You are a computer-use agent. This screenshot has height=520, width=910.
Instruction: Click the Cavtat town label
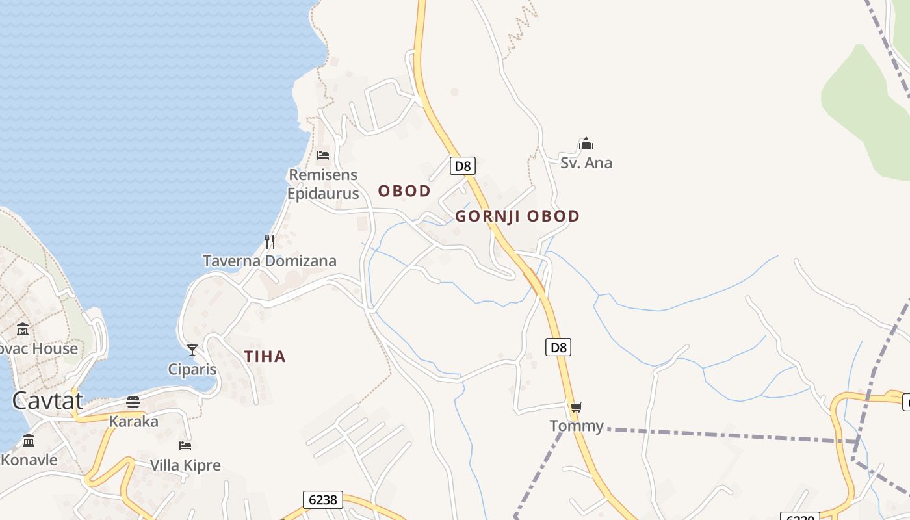47,400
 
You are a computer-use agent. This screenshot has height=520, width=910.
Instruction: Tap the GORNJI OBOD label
517,216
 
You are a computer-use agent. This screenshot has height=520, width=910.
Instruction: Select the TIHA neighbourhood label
265,356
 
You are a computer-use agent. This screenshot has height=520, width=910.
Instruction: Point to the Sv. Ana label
586,162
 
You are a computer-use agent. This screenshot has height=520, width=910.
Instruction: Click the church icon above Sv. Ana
586,144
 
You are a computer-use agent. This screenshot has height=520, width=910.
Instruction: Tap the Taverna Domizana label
270,261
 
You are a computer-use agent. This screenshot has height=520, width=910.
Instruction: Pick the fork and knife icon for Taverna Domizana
270,242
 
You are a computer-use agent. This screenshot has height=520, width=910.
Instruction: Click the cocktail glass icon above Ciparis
192,350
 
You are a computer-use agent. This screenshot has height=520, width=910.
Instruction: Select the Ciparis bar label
192,369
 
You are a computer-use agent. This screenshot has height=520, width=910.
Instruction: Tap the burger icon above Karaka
133,402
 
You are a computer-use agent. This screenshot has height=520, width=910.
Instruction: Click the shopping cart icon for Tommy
576,408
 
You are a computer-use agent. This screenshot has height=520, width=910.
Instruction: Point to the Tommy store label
577,426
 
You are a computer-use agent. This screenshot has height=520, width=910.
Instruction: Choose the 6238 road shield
323,499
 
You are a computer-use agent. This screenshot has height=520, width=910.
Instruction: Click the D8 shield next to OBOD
462,166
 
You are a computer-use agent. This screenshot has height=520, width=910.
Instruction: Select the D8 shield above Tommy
559,347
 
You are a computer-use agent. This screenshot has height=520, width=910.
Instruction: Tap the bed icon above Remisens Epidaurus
323,155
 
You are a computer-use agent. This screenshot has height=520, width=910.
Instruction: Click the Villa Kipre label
185,465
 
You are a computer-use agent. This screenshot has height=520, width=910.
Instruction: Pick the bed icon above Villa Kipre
185,446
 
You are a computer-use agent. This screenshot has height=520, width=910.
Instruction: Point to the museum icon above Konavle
29,441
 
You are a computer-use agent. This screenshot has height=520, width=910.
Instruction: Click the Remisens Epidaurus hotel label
323,184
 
